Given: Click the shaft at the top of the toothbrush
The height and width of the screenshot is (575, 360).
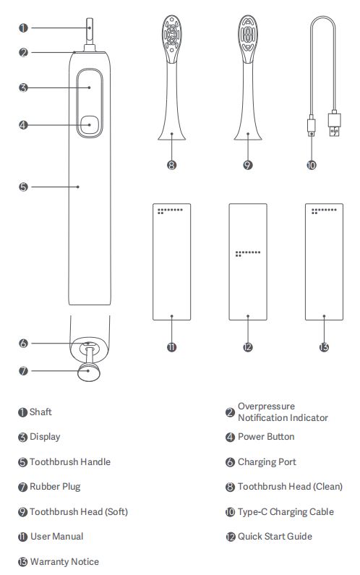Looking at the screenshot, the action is click(90, 31).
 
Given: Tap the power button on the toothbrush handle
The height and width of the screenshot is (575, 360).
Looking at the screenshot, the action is click(90, 124).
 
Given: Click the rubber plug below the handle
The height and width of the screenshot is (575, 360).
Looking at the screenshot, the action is click(88, 372).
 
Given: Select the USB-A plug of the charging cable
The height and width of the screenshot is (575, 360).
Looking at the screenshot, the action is click(334, 123).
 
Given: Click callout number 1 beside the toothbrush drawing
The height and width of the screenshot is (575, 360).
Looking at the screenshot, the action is click(23, 28).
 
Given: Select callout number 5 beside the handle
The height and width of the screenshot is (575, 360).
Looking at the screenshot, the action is click(23, 187).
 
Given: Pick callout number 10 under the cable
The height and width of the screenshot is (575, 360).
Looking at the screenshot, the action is click(312, 166).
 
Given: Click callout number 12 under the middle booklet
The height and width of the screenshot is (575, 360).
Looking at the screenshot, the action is click(248, 347).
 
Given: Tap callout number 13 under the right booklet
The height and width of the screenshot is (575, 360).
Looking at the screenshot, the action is click(324, 347).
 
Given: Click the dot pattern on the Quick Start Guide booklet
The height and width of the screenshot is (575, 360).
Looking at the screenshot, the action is click(248, 253).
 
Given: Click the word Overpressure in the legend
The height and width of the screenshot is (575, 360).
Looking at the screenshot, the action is click(266, 406).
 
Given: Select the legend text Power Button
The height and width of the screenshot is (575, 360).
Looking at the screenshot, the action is click(266, 437).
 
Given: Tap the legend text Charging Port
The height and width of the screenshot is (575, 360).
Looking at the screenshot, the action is click(267, 462).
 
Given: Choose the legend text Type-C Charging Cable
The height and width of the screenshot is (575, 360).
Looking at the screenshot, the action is click(286, 512).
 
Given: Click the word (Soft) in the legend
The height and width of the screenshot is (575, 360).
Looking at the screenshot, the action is click(116, 512).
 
